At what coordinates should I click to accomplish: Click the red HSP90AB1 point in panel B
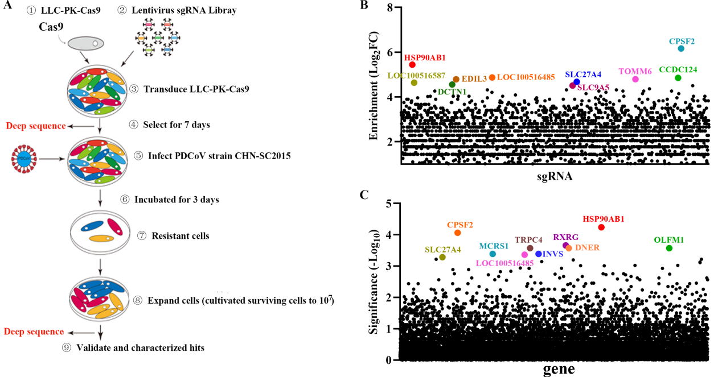412,65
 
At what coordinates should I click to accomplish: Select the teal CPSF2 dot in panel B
681,48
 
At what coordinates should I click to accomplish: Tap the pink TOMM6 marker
635,79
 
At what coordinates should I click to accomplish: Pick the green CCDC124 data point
678,78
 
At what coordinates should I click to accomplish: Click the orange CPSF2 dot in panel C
457,233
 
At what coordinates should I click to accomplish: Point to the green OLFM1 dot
669,248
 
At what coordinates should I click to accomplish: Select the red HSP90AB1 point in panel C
601,227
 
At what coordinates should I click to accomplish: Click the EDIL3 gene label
474,80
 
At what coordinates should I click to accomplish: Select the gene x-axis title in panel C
558,369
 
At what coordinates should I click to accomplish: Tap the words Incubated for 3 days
177,200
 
